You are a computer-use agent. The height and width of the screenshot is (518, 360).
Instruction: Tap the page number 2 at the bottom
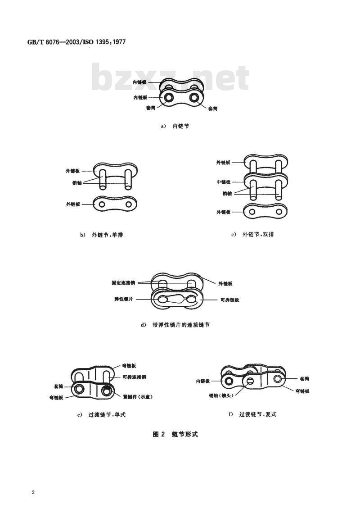pos(33,492)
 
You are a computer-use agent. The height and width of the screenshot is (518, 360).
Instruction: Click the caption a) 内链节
pos(175,127)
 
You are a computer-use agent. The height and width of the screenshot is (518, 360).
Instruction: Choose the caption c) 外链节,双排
pos(252,235)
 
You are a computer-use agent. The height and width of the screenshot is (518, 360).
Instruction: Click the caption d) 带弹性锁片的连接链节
pos(175,324)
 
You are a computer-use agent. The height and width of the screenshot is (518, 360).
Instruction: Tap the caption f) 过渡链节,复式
pos(252,414)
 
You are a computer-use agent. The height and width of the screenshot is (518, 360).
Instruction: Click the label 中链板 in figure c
pos(223,182)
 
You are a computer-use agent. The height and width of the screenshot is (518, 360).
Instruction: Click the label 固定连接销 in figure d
pos(123,283)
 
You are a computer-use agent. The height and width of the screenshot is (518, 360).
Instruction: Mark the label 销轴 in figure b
pos(76,183)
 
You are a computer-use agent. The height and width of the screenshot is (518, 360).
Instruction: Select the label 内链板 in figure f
pos(203,381)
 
